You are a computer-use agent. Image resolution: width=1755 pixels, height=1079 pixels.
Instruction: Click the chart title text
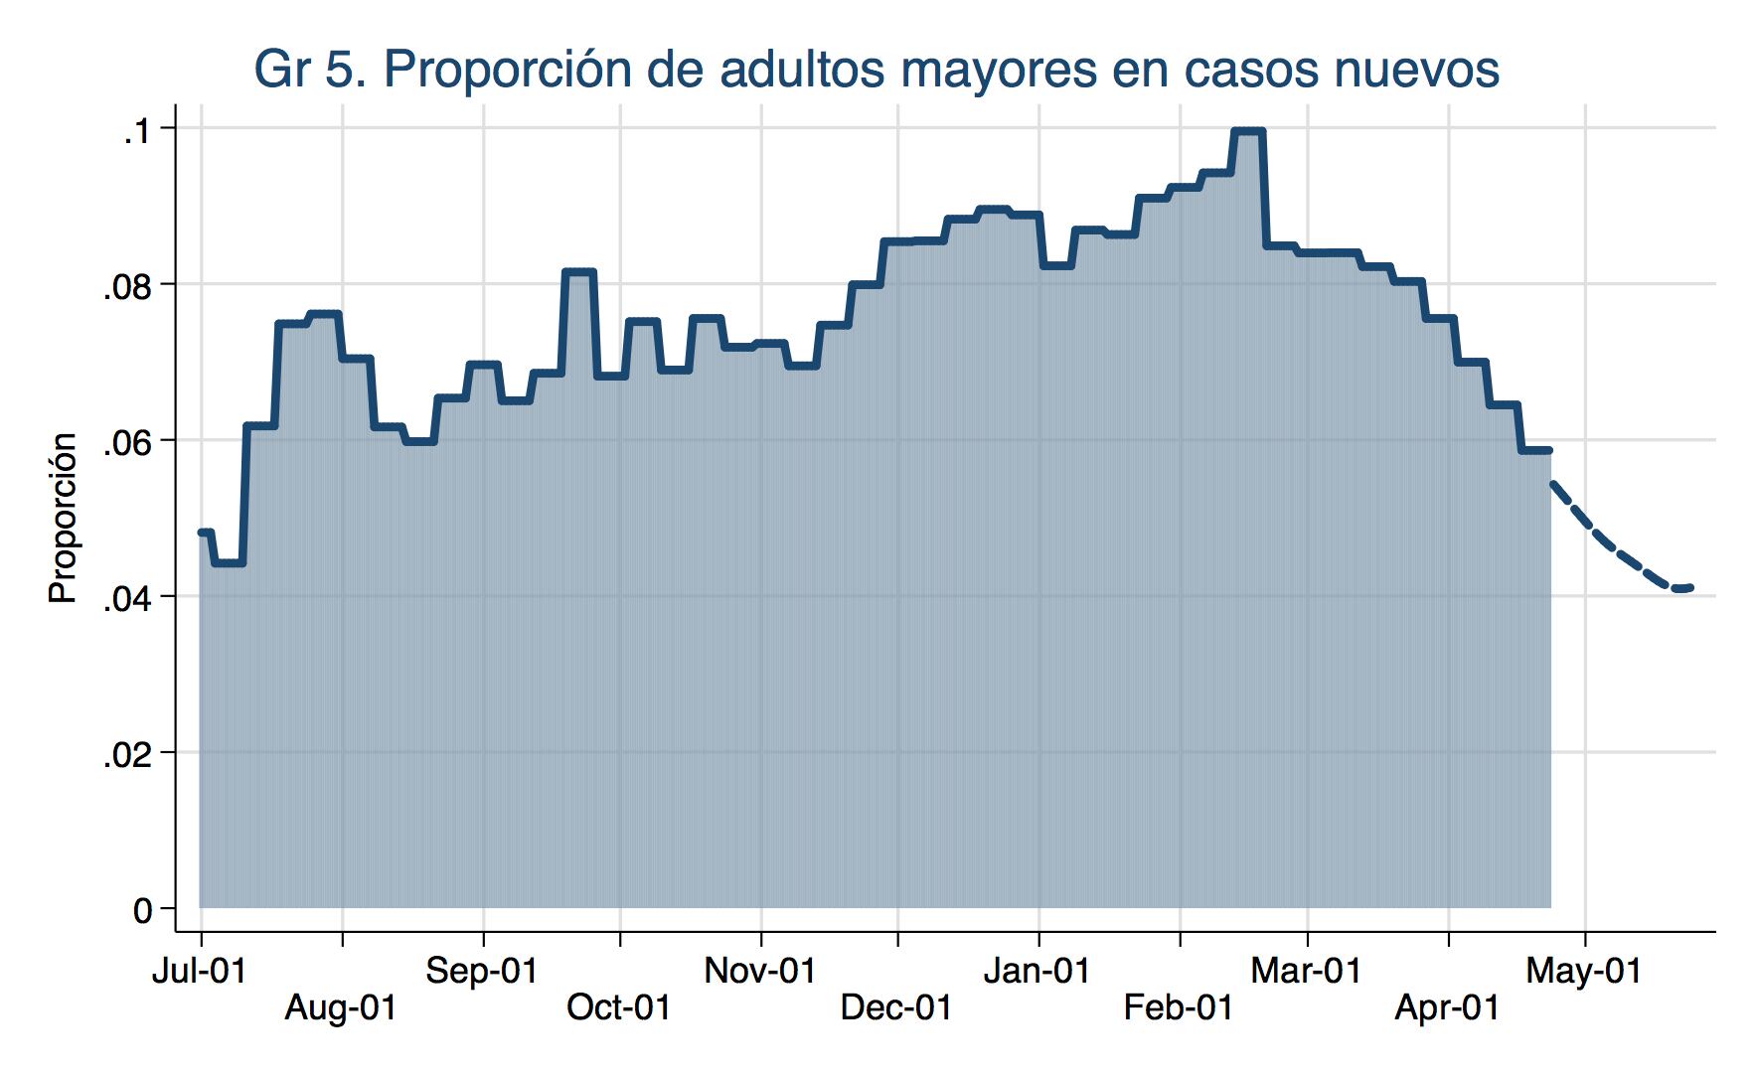[876, 70]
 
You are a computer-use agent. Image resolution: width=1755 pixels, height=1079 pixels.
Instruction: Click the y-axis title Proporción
[63, 518]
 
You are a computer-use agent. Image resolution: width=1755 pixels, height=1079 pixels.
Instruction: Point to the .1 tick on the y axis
[135, 131]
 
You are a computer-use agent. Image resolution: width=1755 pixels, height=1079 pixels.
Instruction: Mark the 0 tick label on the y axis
[143, 911]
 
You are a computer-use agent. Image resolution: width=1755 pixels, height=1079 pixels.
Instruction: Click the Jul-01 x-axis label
[199, 971]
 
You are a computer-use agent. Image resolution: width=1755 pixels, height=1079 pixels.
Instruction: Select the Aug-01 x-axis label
[341, 1008]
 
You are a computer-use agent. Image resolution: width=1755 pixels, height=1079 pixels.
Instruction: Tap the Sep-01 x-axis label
[482, 971]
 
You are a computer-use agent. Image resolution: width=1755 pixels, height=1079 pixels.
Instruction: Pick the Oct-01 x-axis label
[618, 1008]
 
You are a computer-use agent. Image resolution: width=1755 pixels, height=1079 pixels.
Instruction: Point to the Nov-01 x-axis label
[760, 971]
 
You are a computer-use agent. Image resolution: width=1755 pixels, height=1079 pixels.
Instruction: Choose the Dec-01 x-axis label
[896, 1008]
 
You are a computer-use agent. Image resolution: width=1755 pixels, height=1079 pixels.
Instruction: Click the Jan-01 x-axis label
[1037, 971]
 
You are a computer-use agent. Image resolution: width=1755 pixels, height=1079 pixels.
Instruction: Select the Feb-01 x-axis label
[1179, 1008]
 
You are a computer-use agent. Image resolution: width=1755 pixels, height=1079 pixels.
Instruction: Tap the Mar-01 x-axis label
[1306, 971]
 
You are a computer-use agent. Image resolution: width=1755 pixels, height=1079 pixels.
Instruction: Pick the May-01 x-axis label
[1584, 971]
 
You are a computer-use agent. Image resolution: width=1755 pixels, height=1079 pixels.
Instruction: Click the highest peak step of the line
[1247, 131]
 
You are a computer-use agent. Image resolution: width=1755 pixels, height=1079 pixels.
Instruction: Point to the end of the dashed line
[1689, 588]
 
